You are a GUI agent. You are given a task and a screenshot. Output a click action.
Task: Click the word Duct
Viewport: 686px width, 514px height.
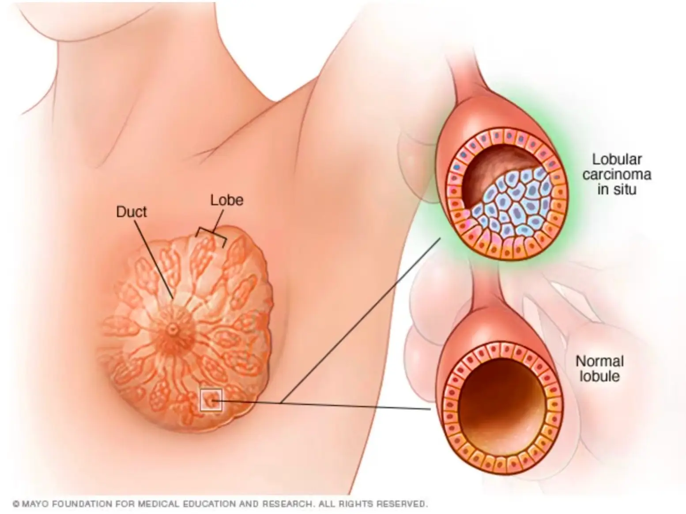point(131,212)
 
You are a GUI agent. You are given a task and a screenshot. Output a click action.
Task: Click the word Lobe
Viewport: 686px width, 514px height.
point(226,200)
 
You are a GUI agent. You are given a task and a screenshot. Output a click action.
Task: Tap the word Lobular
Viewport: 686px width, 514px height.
point(617,159)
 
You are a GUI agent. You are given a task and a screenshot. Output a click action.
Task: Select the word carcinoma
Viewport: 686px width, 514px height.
point(617,174)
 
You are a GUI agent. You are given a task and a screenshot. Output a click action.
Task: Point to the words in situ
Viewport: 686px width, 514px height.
point(617,189)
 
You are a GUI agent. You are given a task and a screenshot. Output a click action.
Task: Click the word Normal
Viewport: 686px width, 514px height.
point(599,361)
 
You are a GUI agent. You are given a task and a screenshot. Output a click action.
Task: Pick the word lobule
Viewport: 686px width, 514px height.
point(599,376)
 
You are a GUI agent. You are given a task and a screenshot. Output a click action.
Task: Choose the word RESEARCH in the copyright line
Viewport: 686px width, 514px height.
point(287,504)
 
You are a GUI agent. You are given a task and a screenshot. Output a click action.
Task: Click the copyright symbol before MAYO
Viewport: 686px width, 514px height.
point(16,504)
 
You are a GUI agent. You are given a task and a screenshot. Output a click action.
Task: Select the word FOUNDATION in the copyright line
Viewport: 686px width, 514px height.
point(82,504)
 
